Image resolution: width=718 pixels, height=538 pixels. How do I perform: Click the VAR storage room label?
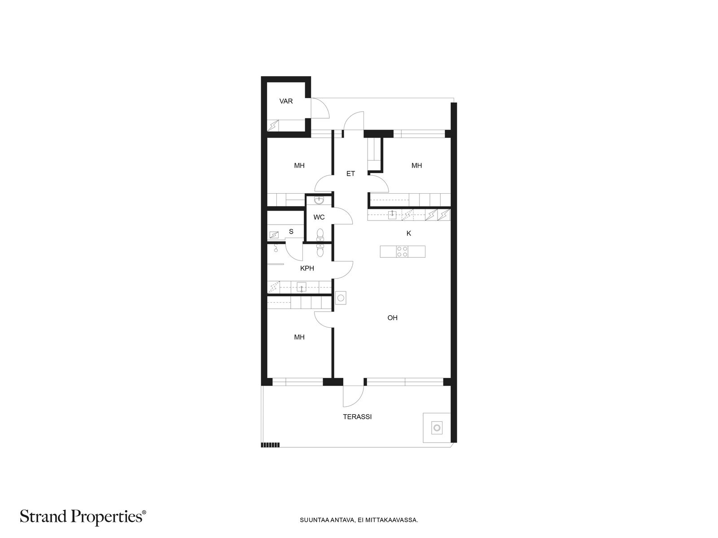(x=286, y=101)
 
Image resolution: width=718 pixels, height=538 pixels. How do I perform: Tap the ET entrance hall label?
(x=350, y=174)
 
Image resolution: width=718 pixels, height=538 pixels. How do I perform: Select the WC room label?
(x=319, y=217)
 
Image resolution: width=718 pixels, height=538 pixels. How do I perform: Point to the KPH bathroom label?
(x=307, y=268)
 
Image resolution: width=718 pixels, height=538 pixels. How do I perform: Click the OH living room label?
(x=392, y=317)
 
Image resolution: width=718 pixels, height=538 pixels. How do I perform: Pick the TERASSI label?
(x=357, y=417)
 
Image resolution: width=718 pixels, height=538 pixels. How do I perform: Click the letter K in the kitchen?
(x=408, y=233)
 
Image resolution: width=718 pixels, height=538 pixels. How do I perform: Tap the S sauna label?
(x=291, y=232)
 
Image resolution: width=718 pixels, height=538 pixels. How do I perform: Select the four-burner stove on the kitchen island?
(x=402, y=252)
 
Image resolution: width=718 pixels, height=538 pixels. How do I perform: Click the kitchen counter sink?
(x=392, y=215)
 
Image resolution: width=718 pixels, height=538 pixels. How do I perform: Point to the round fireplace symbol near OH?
(x=341, y=298)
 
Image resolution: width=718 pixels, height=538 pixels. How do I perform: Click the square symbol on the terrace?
(x=437, y=428)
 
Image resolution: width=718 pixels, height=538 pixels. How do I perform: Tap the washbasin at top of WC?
(x=319, y=200)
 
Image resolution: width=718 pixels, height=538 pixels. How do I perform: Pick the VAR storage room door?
(x=320, y=108)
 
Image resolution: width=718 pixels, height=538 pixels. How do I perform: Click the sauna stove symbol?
(x=274, y=234)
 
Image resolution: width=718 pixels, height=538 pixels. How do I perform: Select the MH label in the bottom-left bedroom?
(x=299, y=337)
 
